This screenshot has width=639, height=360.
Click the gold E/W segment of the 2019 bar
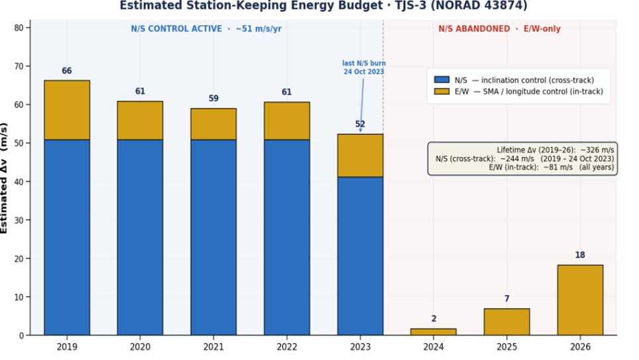[x=67, y=110]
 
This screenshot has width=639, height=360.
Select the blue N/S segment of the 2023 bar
[x=360, y=256]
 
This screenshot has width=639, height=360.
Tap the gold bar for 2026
[x=580, y=300]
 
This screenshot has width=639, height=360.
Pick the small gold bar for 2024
[x=434, y=332]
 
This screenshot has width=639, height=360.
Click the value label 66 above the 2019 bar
[x=67, y=71]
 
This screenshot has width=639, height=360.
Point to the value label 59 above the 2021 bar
[x=213, y=99]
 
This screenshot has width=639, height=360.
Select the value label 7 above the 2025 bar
[x=506, y=299]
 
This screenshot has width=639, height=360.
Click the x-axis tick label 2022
[x=287, y=347]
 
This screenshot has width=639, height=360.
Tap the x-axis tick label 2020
[x=140, y=347]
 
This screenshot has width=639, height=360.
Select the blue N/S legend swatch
[x=441, y=80]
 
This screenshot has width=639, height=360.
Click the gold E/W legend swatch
[x=441, y=91]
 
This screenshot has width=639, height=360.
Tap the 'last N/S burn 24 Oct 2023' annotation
[x=364, y=68]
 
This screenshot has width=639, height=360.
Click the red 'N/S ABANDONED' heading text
[x=474, y=29]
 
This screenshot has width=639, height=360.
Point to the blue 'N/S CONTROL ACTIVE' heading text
[x=176, y=29]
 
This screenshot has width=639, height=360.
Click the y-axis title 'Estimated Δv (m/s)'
[x=4, y=178]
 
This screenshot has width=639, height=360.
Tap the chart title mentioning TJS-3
[x=323, y=6]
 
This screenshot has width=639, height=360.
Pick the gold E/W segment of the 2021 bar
[x=213, y=124]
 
